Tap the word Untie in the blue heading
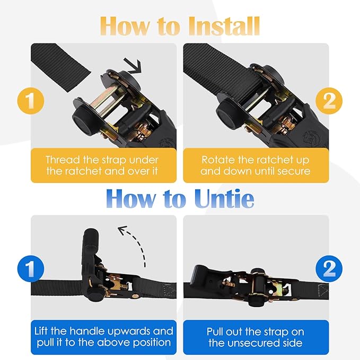(224, 198)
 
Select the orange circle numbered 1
(31, 101)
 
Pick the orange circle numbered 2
(329, 101)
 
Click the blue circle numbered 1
(31, 268)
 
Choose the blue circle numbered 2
(329, 268)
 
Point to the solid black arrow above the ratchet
(134, 66)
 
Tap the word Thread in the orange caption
(63, 160)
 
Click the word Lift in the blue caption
(41, 331)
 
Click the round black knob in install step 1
(84, 120)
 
